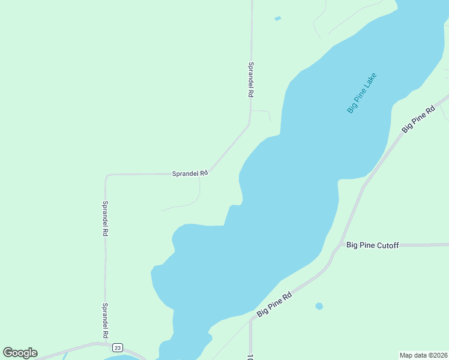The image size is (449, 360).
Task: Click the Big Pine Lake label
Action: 361,93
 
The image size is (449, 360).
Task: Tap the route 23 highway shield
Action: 117,348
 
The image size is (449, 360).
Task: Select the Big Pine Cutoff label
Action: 373,245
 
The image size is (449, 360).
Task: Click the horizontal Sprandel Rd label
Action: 190,173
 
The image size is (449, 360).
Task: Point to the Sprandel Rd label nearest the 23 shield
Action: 105,320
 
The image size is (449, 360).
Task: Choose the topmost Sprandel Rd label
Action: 251,80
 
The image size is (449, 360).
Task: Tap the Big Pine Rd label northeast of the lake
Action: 418,119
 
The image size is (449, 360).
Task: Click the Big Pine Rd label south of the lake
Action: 274,305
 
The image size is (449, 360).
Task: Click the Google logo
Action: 20,353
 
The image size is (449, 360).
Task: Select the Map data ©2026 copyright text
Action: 423,355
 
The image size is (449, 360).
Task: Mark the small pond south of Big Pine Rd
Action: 319,306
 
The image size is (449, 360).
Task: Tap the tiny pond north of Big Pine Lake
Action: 277,19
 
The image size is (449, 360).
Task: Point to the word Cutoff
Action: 387,245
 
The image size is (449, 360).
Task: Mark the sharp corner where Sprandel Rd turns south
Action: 107,176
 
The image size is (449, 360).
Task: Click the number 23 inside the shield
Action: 117,348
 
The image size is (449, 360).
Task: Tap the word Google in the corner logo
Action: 20,353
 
